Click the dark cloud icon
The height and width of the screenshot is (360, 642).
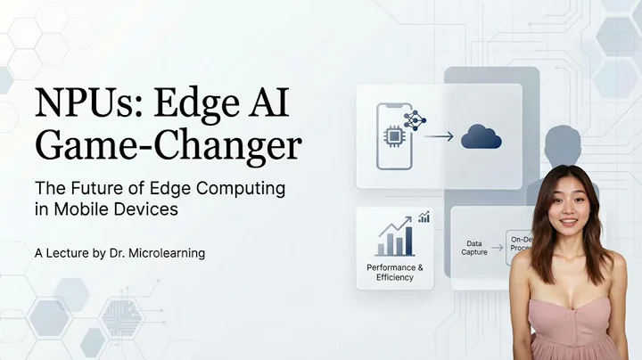pos(481,136)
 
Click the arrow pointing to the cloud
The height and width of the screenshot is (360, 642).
pos(439,137)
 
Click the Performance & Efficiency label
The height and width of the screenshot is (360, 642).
pos(395,272)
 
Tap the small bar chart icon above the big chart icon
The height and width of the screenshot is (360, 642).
pos(424,217)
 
